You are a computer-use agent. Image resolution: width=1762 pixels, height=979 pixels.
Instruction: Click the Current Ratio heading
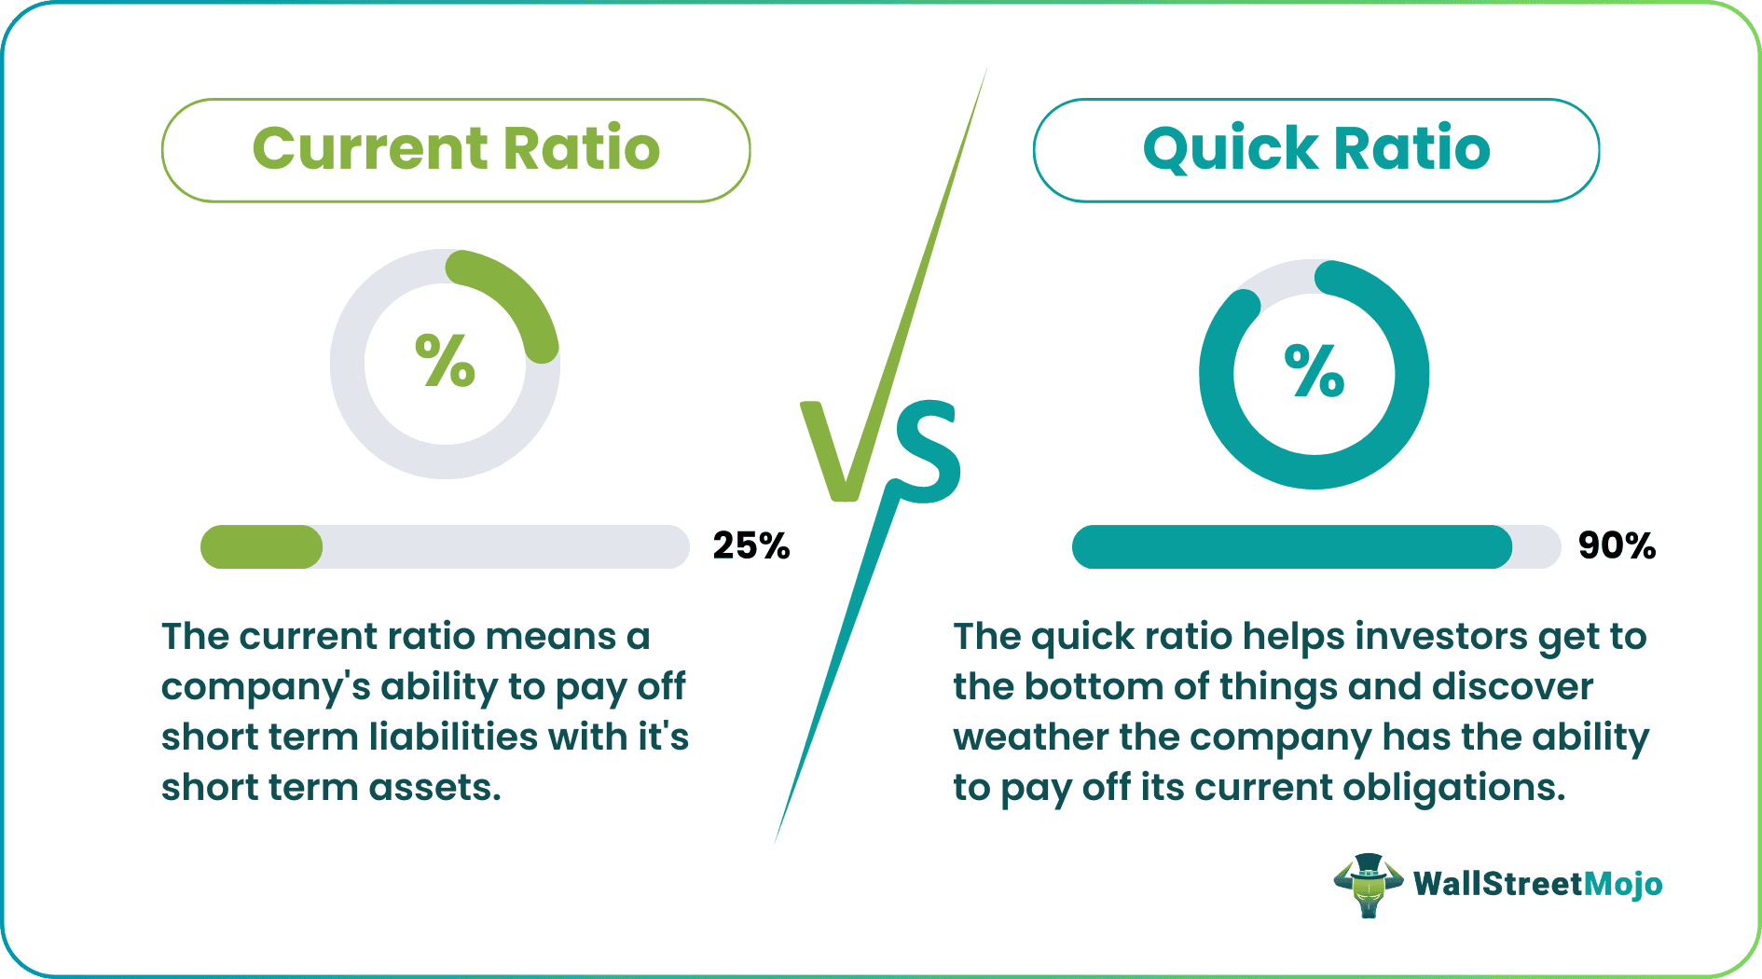tap(456, 149)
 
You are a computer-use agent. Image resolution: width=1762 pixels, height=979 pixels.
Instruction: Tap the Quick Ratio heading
tap(1316, 149)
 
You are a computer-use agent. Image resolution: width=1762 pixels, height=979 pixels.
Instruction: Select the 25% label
tap(750, 546)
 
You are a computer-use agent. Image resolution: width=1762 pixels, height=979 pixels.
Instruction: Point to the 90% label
tap(1617, 546)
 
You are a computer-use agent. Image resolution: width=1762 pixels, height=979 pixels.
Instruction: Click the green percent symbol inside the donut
tap(445, 361)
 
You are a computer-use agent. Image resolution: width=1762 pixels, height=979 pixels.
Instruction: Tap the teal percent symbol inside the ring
tap(1314, 371)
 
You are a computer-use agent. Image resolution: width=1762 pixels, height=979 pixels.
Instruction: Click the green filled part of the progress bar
tap(261, 547)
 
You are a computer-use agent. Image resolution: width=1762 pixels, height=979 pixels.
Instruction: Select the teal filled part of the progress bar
tap(1291, 547)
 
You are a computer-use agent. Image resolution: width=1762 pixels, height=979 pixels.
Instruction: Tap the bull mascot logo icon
tap(1368, 884)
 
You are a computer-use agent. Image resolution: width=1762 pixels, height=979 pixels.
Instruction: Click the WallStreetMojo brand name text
tap(1537, 884)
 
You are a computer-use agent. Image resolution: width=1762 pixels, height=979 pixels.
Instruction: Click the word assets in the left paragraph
tap(434, 787)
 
